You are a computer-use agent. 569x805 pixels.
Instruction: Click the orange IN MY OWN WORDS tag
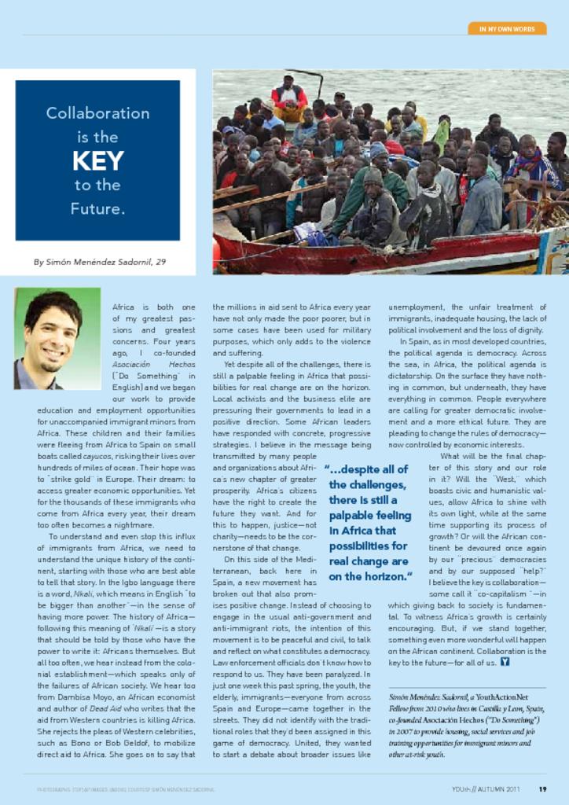(x=507, y=29)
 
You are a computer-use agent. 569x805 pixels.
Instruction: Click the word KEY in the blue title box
(x=97, y=161)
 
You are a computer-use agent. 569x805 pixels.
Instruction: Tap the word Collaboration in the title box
(x=97, y=113)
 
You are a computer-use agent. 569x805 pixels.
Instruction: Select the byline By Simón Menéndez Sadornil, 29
(x=100, y=262)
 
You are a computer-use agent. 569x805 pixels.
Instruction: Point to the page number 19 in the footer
(x=542, y=788)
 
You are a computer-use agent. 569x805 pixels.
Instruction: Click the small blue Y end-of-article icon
(x=505, y=661)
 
